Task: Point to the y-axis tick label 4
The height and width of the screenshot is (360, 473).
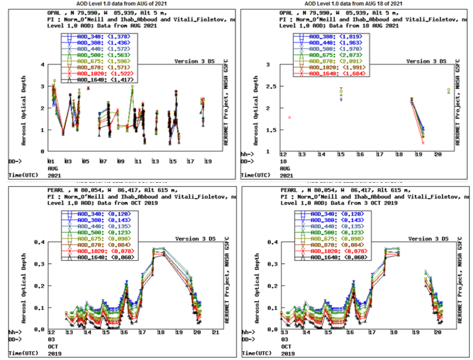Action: pyautogui.click(x=42, y=65)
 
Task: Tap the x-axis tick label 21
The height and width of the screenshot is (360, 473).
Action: pyautogui.click(x=215, y=332)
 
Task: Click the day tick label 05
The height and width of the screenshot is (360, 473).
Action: pyautogui.click(x=85, y=161)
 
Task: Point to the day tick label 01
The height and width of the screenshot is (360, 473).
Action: pyautogui.click(x=50, y=161)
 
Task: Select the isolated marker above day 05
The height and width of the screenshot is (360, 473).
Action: pyautogui.click(x=89, y=89)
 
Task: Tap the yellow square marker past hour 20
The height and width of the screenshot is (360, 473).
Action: pyautogui.click(x=448, y=90)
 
